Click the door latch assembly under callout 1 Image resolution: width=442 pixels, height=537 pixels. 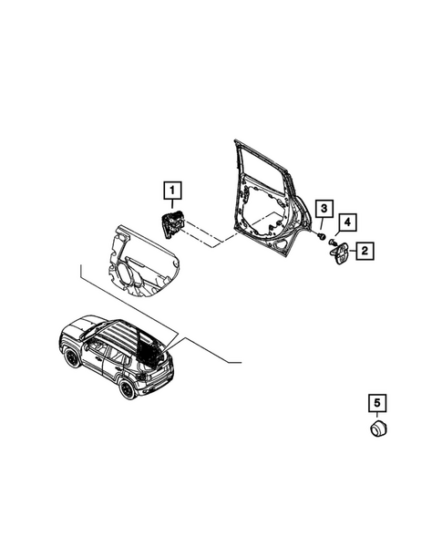(x=172, y=223)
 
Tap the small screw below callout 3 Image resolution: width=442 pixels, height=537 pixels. (x=324, y=236)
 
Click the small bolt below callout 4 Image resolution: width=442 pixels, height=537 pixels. (x=335, y=243)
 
